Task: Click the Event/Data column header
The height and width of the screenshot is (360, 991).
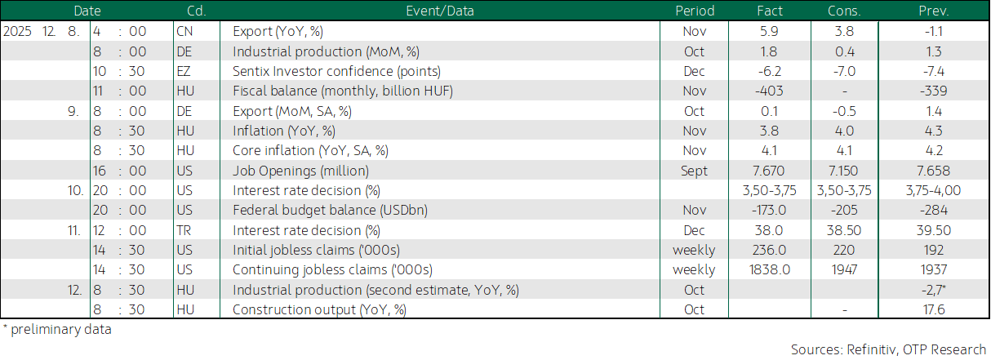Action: click(x=440, y=11)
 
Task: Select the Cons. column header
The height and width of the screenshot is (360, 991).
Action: click(x=844, y=11)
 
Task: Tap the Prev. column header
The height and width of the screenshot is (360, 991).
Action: click(x=934, y=11)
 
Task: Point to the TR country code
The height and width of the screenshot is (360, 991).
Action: click(x=184, y=230)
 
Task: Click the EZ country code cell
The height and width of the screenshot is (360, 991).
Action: click(x=184, y=71)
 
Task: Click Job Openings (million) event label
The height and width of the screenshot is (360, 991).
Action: click(x=301, y=171)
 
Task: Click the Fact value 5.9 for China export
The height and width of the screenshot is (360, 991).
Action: click(x=769, y=31)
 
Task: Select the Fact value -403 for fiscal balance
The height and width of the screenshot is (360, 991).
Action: click(x=769, y=91)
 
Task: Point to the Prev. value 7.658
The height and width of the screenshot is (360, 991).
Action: click(x=934, y=171)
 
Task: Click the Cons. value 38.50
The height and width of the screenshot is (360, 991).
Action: click(x=844, y=230)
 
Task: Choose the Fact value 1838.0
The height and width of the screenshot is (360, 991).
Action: click(x=769, y=269)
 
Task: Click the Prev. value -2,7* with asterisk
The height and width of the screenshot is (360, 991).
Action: click(x=934, y=290)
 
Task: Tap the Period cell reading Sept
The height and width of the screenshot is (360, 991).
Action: click(x=694, y=171)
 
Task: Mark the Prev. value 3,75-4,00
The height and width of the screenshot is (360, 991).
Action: click(x=934, y=191)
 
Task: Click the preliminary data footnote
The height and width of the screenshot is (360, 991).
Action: click(x=57, y=330)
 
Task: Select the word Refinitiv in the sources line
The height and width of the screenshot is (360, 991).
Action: click(x=872, y=349)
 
